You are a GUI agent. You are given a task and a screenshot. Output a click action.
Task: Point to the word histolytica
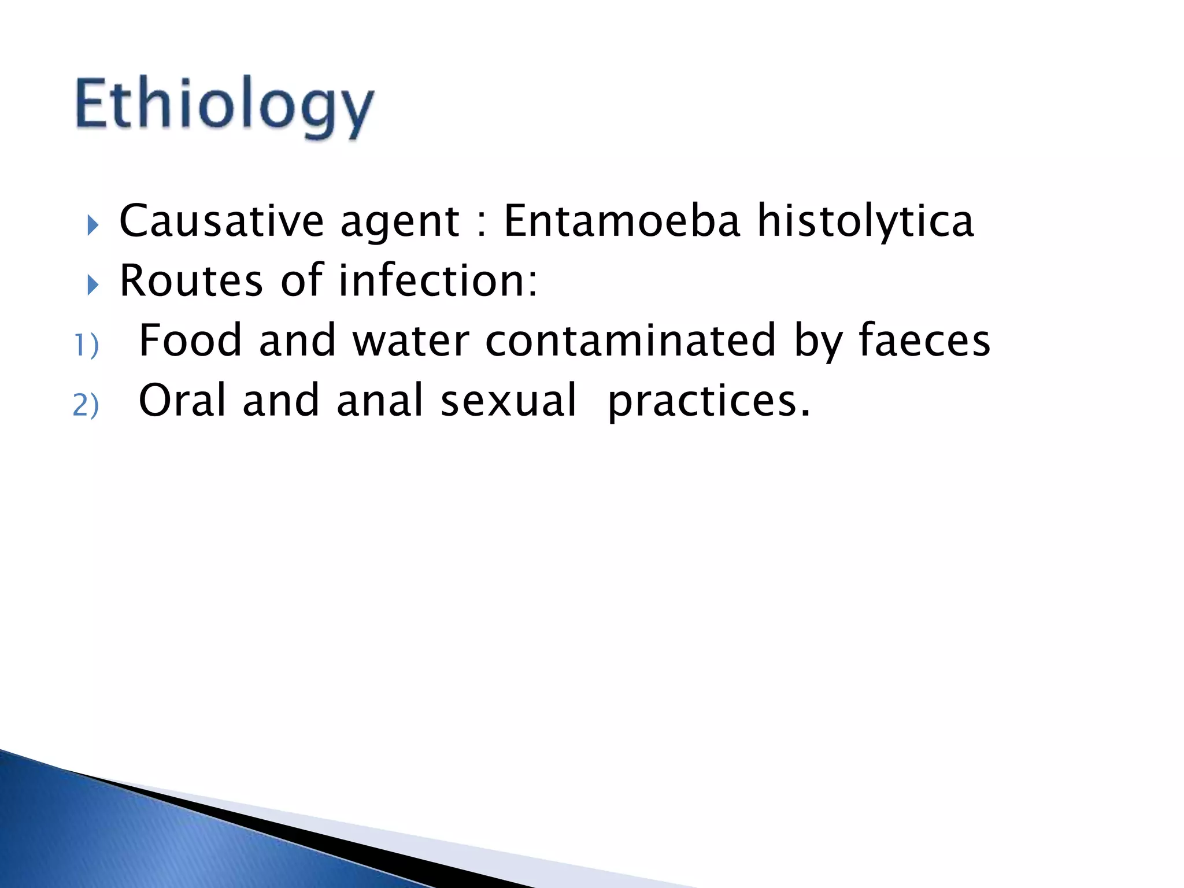tap(865, 222)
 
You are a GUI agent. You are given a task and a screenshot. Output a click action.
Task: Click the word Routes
tap(191, 281)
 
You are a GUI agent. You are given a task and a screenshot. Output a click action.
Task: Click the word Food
tap(190, 341)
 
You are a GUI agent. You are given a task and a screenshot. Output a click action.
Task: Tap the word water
tap(410, 341)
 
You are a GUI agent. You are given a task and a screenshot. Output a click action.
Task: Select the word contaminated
tap(630, 341)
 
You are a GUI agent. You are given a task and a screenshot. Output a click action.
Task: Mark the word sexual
tap(508, 401)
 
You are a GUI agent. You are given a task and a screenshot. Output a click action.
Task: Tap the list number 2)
tap(86, 405)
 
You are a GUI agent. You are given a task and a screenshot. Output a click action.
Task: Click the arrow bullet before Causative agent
tap(93, 225)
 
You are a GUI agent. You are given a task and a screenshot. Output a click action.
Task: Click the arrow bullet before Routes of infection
tap(93, 284)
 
